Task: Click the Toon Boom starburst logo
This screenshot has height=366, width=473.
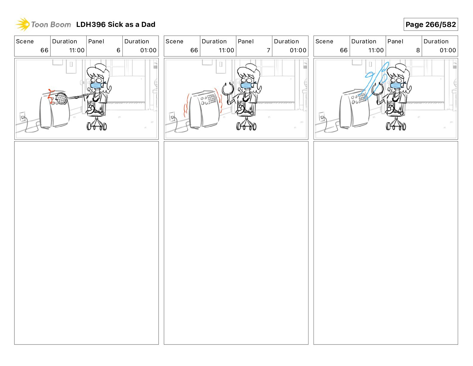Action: tap(23, 24)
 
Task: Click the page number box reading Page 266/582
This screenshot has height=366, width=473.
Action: tap(431, 25)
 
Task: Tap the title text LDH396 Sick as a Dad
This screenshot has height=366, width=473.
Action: tap(116, 25)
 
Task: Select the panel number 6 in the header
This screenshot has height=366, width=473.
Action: tap(119, 50)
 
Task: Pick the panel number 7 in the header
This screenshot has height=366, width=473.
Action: tap(268, 50)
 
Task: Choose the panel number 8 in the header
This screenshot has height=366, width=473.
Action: tap(418, 50)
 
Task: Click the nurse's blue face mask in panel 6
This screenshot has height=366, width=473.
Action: tap(96, 85)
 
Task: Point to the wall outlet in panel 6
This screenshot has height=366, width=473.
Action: tap(22, 117)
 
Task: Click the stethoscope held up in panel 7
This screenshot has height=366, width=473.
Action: tap(228, 89)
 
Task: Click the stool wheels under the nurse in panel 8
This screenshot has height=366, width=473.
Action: tap(396, 126)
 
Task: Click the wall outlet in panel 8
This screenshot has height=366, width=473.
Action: tap(322, 117)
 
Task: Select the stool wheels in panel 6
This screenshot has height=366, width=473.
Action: tap(97, 126)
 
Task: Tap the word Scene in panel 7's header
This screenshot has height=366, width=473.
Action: tap(174, 42)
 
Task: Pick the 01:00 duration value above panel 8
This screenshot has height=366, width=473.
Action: tap(448, 50)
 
